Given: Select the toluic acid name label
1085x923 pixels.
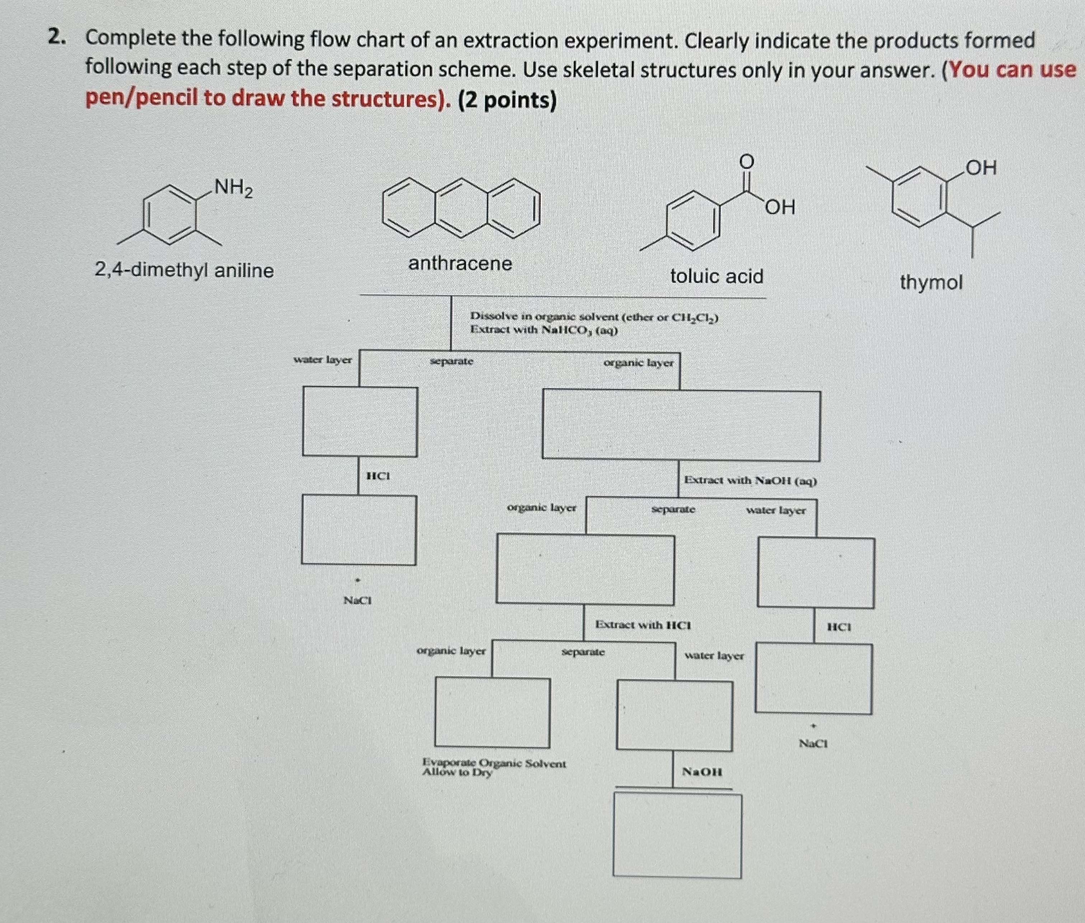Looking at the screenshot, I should coord(717,276).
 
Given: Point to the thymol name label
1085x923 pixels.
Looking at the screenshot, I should coord(930,283).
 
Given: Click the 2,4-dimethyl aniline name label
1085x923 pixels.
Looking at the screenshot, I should coord(184,270).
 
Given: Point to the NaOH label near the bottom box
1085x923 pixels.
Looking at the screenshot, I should coord(702,771).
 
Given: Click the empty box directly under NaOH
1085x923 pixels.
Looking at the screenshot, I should coord(677,836).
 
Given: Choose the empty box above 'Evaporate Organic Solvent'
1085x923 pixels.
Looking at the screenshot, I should coord(492,712).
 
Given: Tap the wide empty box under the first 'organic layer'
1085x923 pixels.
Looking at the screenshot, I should coord(681,425).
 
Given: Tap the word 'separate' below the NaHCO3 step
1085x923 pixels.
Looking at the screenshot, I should coord(451,361).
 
